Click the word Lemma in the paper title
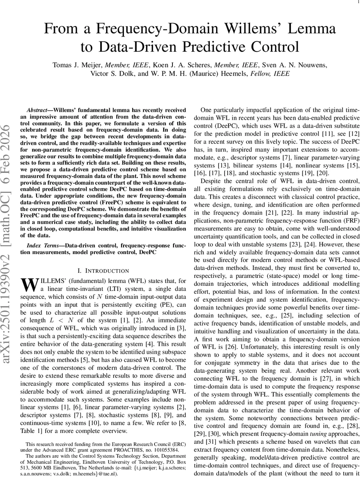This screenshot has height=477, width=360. click(x=309, y=29)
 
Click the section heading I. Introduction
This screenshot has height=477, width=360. click(x=103, y=271)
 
